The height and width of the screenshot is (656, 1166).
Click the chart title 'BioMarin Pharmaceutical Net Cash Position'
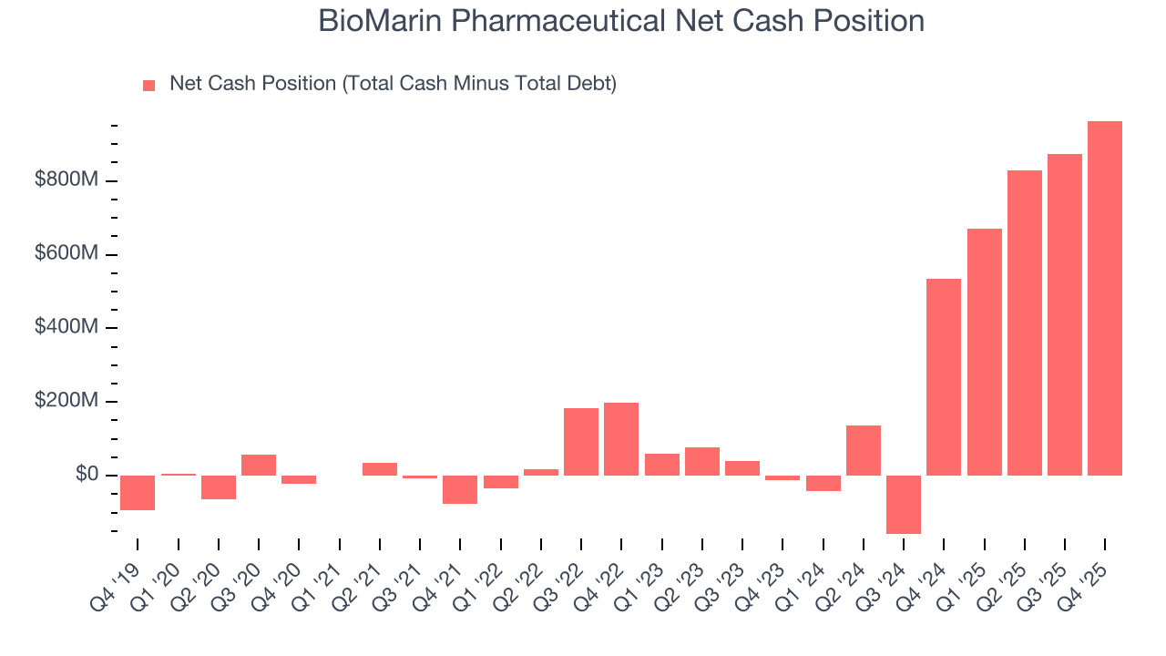click(621, 21)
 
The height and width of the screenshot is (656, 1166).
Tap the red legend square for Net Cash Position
click(149, 86)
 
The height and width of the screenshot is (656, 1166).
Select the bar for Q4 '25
click(1105, 298)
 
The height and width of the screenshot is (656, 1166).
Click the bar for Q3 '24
click(904, 504)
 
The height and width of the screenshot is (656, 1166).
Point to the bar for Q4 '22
click(621, 438)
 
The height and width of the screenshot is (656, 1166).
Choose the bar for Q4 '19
click(138, 492)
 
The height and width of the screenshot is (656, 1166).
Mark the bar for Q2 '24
click(864, 450)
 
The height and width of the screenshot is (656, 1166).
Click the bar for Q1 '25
click(984, 352)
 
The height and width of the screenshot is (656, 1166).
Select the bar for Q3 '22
click(581, 441)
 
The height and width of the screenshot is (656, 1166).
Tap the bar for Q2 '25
click(1025, 323)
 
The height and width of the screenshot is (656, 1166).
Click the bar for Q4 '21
click(460, 489)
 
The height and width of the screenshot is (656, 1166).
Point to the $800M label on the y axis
click(66, 180)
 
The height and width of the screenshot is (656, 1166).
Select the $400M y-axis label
click(66, 328)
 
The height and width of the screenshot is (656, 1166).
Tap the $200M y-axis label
click(66, 402)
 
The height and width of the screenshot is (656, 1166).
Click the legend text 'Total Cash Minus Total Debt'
click(479, 84)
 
